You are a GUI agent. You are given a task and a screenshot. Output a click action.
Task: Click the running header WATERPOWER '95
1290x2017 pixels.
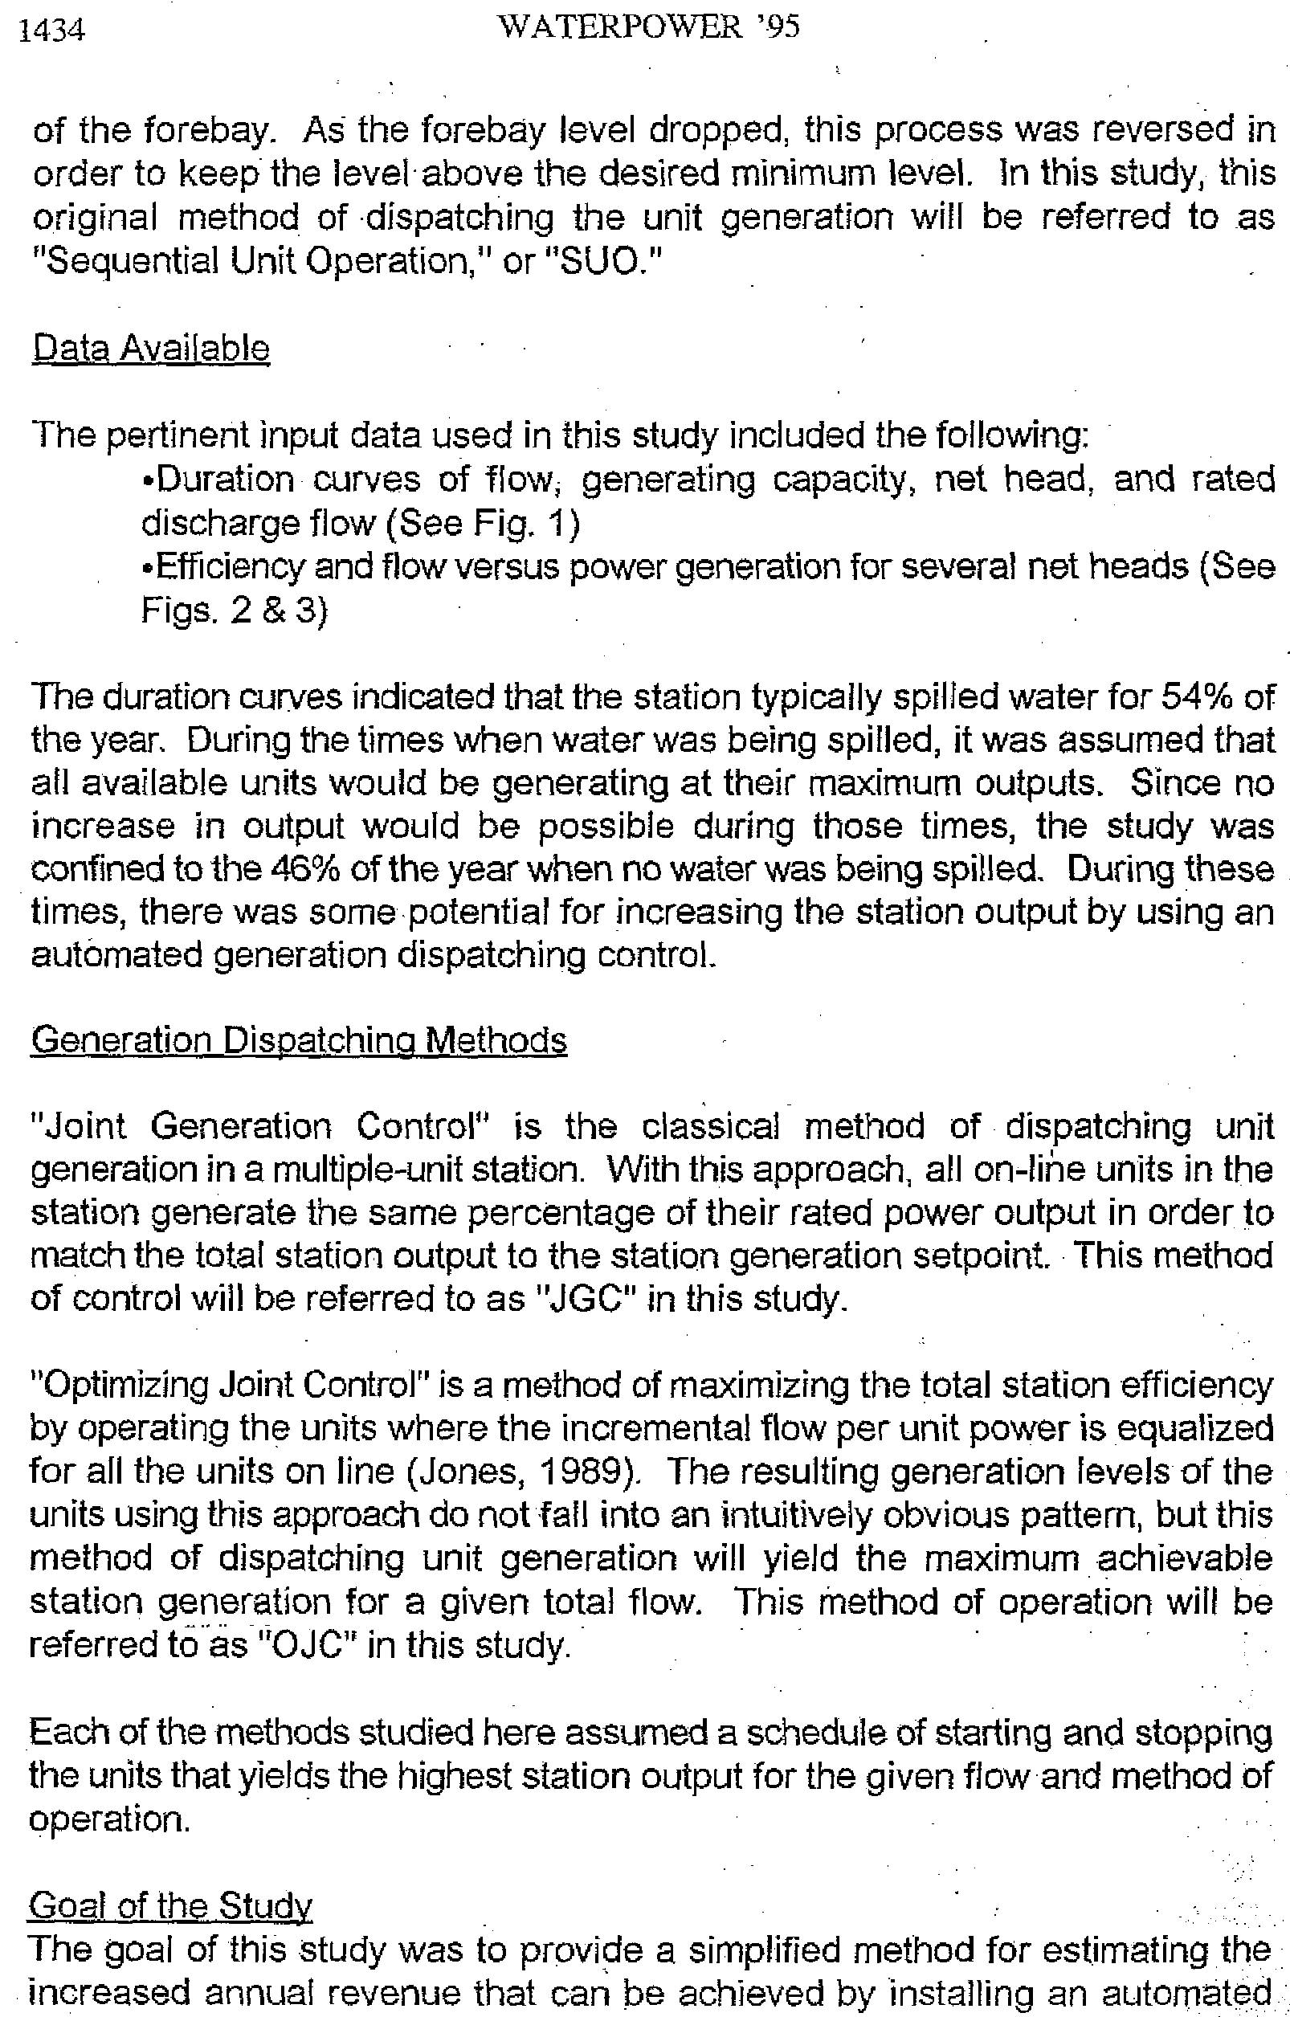click(x=647, y=27)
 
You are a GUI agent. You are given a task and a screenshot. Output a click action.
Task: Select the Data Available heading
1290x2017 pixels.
click(x=151, y=349)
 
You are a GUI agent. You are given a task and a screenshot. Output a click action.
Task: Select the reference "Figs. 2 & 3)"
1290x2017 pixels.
click(x=235, y=610)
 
